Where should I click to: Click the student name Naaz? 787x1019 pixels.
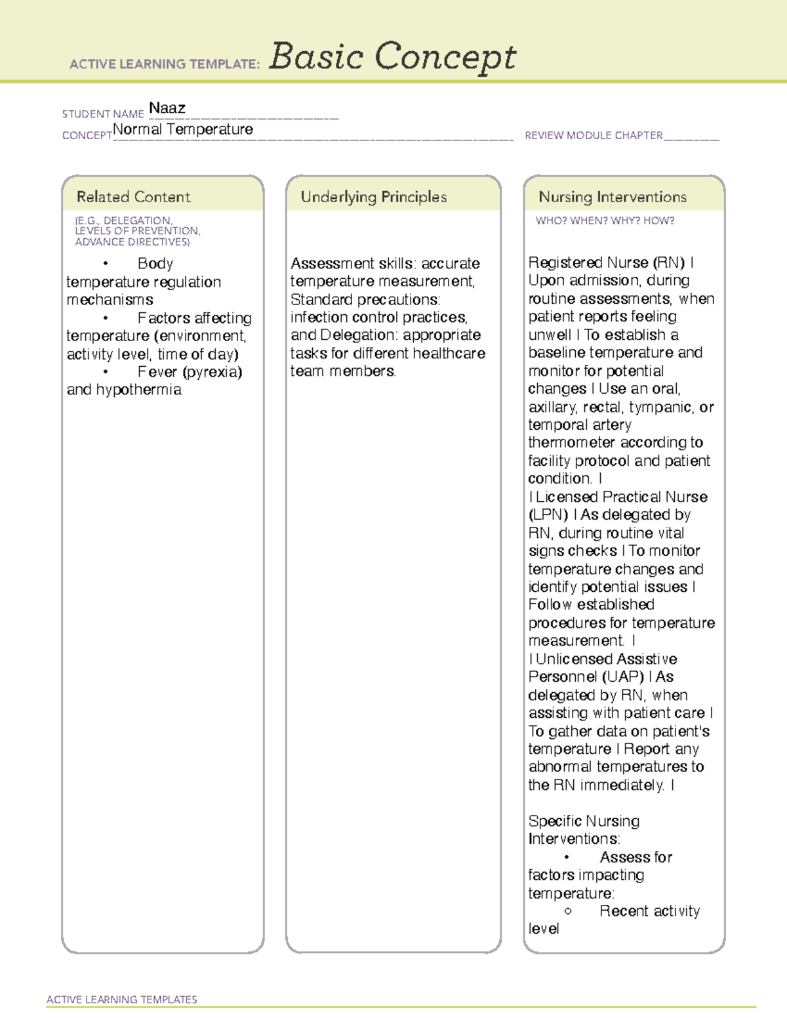(167, 108)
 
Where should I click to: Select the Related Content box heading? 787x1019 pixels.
(133, 197)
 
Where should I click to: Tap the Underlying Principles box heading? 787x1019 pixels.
(373, 197)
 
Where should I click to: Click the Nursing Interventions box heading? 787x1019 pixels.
(612, 197)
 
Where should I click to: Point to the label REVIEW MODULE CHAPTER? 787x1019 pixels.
(594, 136)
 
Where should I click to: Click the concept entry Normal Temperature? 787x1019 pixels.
(183, 130)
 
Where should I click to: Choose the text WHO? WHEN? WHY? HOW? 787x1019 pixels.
(605, 221)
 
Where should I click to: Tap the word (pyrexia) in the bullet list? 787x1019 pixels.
(212, 372)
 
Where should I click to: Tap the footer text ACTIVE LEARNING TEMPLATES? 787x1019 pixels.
(122, 999)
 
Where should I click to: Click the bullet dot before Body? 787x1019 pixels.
(105, 264)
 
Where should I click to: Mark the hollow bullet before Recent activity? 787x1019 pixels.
(567, 911)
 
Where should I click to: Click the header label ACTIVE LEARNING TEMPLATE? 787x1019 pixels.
(165, 64)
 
